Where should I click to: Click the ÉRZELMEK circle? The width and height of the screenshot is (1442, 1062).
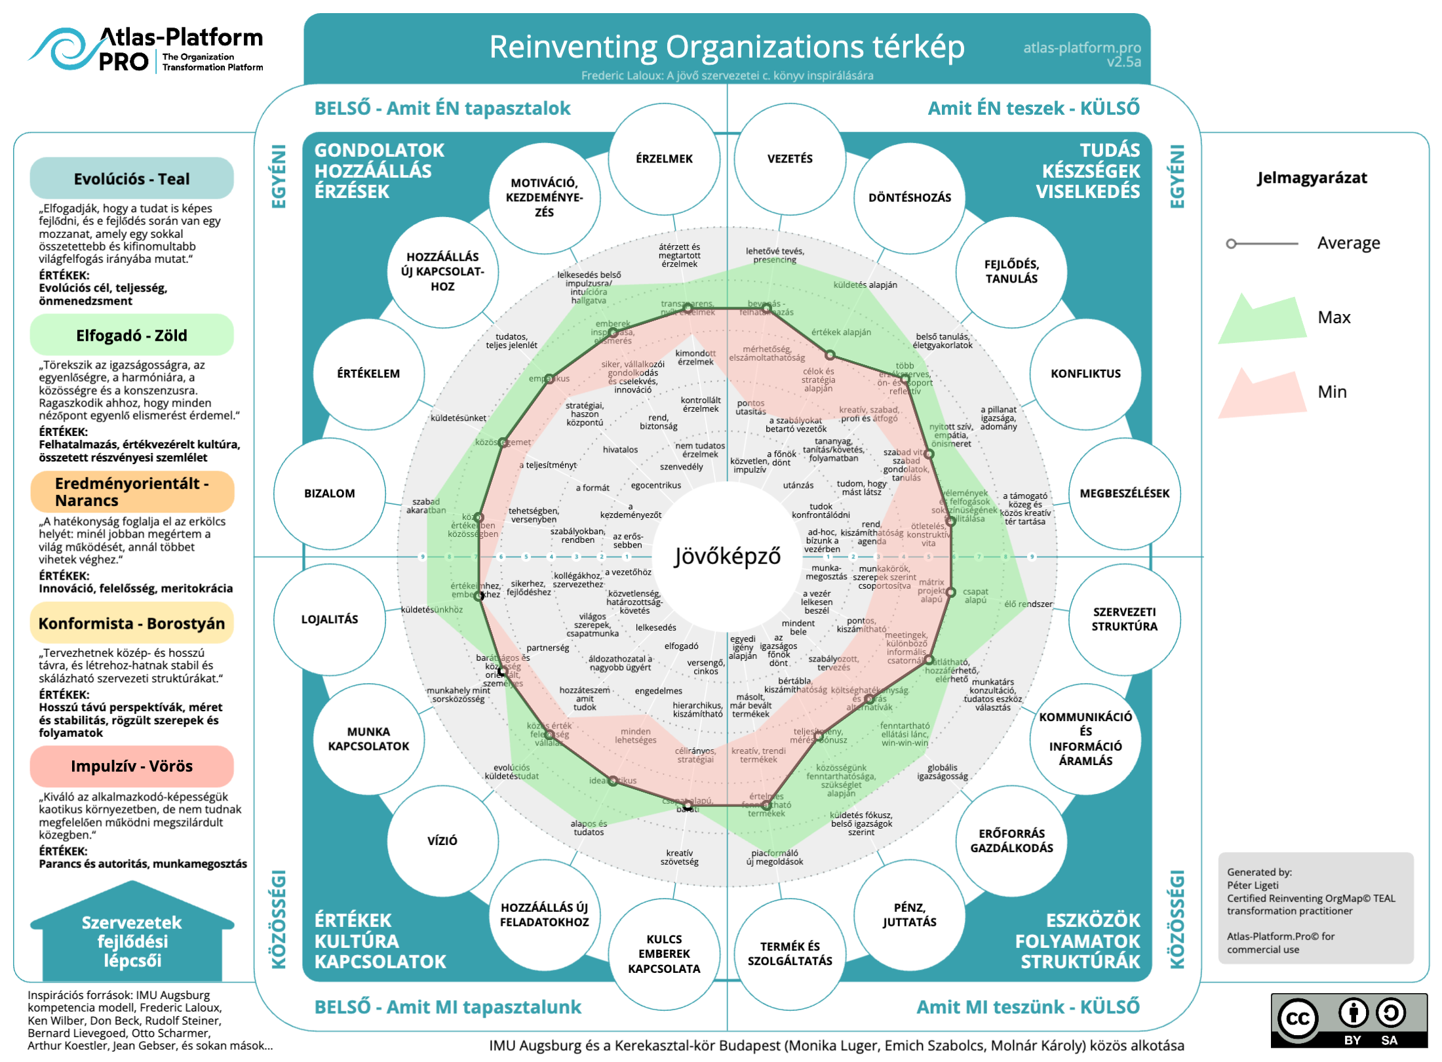click(x=664, y=159)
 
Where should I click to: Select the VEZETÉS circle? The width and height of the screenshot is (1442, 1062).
click(x=790, y=159)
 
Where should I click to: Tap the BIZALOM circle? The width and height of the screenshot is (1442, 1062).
click(x=329, y=493)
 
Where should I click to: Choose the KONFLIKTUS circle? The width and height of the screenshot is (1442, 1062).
click(x=1085, y=374)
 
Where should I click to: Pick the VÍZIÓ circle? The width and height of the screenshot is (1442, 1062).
click(x=442, y=840)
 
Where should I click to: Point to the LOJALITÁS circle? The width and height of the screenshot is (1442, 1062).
click(x=329, y=619)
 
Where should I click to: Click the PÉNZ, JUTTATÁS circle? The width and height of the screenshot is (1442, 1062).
click(x=909, y=914)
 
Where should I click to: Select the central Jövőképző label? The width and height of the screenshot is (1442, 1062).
click(x=728, y=556)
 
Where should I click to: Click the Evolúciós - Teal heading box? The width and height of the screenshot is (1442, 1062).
click(x=132, y=178)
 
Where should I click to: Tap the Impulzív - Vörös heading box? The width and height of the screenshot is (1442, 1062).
click(x=132, y=766)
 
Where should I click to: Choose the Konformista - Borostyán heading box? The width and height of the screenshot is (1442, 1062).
click(x=132, y=623)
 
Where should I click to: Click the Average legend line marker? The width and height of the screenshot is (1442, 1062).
click(x=1262, y=243)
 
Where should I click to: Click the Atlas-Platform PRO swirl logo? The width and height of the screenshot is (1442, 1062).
click(x=62, y=49)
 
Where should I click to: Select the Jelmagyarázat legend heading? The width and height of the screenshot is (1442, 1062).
click(x=1312, y=178)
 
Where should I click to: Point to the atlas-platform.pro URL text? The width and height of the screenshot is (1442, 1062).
click(x=1081, y=48)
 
